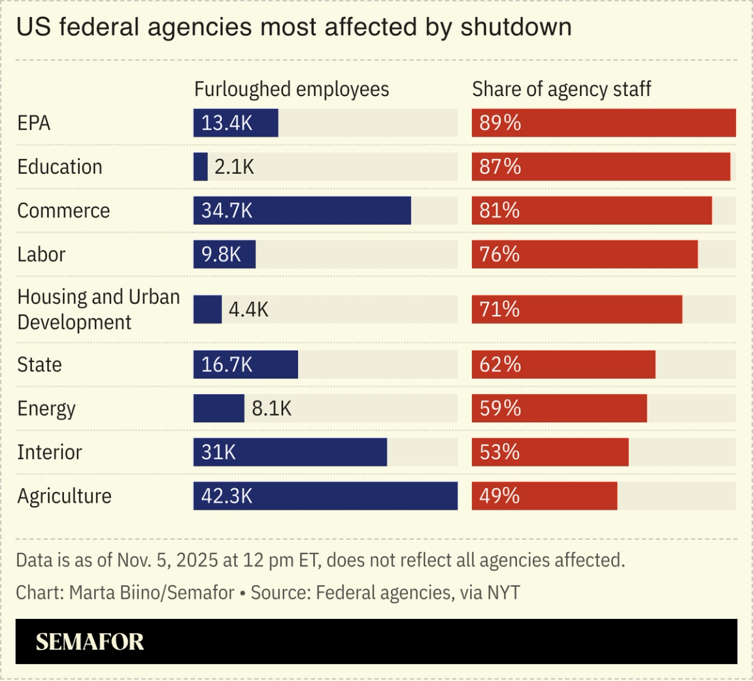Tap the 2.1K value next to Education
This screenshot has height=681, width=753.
coord(234,167)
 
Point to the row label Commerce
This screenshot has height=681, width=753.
coord(63,210)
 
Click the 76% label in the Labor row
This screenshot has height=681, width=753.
coord(499,254)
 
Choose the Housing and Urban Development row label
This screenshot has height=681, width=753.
coord(98,309)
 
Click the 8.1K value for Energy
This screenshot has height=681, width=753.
coord(271,408)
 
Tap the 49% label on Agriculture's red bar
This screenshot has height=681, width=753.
coord(499,496)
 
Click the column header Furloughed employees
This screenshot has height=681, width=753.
coord(292,90)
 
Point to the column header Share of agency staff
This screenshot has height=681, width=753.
coord(561,90)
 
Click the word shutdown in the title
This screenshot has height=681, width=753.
coord(516,27)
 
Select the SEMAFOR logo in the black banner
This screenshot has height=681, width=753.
coord(90,642)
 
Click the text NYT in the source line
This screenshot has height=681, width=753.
coord(503,593)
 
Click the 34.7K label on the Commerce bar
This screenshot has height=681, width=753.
coord(227,210)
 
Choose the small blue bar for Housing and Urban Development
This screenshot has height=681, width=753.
coord(208,309)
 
